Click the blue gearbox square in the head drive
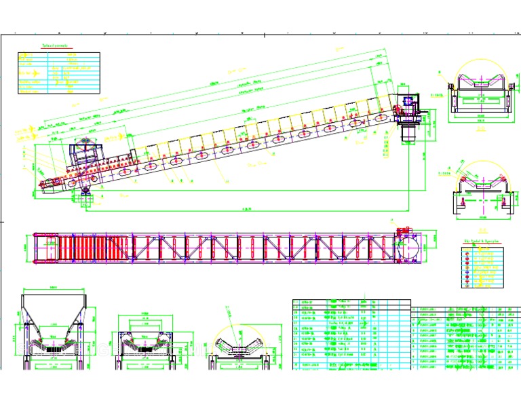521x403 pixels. pyautogui.click(x=408, y=101)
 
